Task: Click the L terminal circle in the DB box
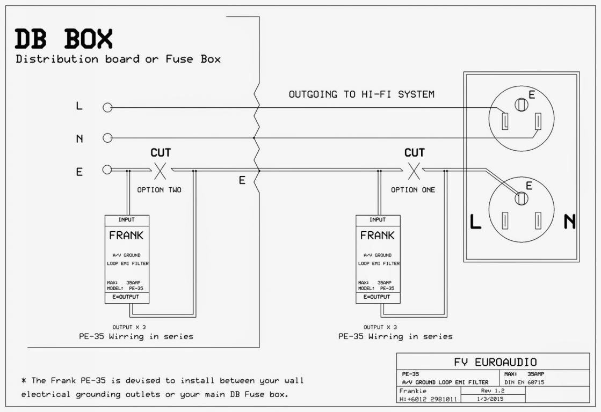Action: (108, 108)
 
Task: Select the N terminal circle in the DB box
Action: (108, 137)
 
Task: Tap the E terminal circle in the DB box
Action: (107, 169)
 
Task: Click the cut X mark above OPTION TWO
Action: (160, 171)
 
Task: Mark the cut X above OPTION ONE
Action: (414, 171)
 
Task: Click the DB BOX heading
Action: (63, 39)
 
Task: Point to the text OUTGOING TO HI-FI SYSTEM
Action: (361, 94)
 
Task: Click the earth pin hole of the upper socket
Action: (522, 105)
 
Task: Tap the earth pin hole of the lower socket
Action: (522, 198)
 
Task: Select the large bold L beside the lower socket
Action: (475, 222)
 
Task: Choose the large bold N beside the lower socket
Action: (569, 222)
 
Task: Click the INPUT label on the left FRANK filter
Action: (127, 220)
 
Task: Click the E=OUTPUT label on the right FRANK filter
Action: (378, 297)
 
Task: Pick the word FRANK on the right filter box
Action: (378, 236)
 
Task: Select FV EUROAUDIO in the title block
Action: (495, 362)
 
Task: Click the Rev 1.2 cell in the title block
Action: (493, 391)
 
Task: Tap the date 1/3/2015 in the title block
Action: (490, 399)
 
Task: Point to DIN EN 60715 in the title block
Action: (524, 382)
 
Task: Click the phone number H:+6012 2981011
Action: (428, 399)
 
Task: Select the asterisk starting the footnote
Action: (24, 380)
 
